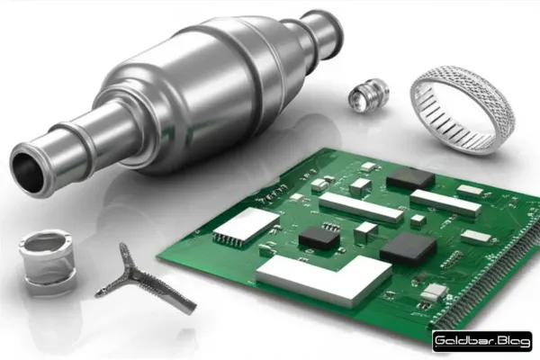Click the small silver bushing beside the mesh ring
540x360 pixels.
pyautogui.click(x=368, y=95)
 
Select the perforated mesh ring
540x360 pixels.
pyautogui.click(x=463, y=114)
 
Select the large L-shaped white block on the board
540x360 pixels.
pyautogui.click(x=324, y=279)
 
